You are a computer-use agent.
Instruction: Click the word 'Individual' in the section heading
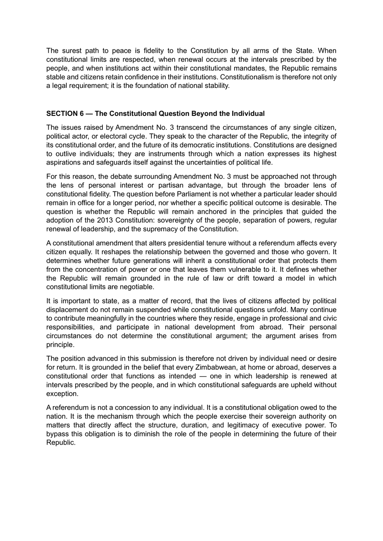tap(248, 113)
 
